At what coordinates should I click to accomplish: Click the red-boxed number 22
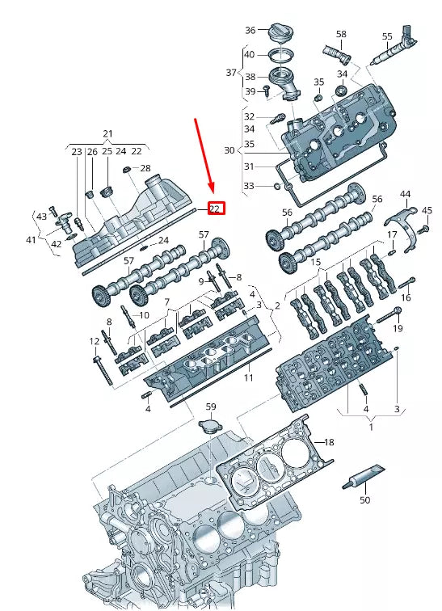tap(215, 208)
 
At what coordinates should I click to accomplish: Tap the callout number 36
tap(250, 31)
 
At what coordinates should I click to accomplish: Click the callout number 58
tap(341, 34)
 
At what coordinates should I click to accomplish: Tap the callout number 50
tap(364, 501)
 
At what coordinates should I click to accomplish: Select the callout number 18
tap(329, 442)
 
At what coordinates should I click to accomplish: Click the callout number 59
tap(210, 407)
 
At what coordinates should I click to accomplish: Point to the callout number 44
tap(405, 194)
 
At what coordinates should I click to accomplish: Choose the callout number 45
tap(427, 210)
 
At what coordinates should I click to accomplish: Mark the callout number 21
tap(107, 133)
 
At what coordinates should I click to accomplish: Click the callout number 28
tap(145, 169)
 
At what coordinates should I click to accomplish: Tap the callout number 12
tap(95, 342)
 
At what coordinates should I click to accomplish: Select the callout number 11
tap(248, 377)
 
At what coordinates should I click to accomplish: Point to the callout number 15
tap(316, 263)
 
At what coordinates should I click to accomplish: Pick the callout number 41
tap(31, 240)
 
